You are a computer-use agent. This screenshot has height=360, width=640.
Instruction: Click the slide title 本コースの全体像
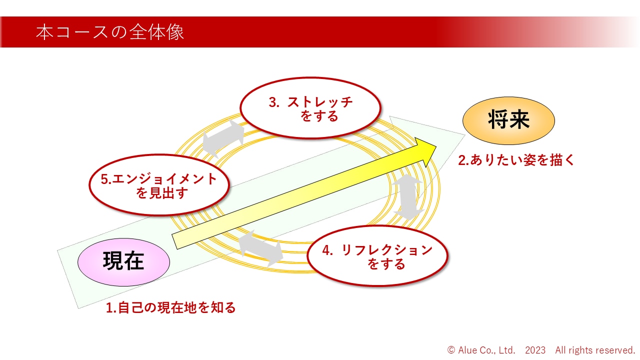point(110,32)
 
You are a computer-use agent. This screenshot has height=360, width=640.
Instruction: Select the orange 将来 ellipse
point(508,120)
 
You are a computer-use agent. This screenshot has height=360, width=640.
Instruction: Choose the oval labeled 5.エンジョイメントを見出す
point(159,185)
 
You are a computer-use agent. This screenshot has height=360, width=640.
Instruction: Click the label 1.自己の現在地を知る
point(171,307)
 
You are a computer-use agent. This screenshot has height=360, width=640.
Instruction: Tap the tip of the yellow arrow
point(436,146)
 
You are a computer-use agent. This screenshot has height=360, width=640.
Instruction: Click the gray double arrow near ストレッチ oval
point(224,138)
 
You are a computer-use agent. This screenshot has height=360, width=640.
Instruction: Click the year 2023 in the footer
point(535,350)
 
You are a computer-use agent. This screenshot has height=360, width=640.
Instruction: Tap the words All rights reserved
point(594,350)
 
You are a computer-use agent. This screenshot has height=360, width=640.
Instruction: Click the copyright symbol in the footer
point(451,350)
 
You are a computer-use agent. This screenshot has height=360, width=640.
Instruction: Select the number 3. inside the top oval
point(274,102)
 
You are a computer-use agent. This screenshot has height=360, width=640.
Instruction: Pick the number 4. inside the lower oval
point(328,250)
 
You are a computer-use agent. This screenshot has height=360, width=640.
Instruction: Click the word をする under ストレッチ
point(319,116)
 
